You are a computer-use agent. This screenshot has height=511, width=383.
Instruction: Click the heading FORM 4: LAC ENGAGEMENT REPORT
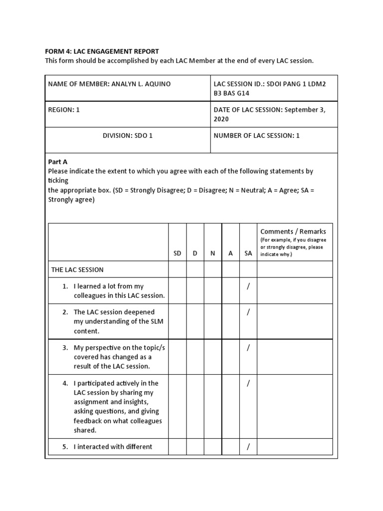[102, 51]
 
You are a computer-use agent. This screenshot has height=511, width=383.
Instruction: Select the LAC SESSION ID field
[269, 88]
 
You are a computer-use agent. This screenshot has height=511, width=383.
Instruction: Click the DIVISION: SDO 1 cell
[127, 135]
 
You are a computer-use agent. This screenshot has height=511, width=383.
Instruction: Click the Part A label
[57, 162]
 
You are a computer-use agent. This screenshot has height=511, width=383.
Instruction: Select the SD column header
[177, 253]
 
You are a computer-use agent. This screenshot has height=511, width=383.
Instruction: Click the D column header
[195, 253]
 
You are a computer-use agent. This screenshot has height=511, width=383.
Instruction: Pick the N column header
[213, 253]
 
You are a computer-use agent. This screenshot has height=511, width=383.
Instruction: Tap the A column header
[230, 253]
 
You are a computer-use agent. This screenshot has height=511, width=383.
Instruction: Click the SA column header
[248, 253]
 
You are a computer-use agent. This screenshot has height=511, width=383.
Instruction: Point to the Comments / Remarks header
[293, 232]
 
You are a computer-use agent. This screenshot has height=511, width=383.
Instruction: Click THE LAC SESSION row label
[77, 269]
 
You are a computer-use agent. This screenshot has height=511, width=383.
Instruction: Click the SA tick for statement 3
[248, 347]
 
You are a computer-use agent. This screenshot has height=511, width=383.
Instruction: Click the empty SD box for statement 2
[177, 321]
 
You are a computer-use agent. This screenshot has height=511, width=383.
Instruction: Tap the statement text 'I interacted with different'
[113, 447]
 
